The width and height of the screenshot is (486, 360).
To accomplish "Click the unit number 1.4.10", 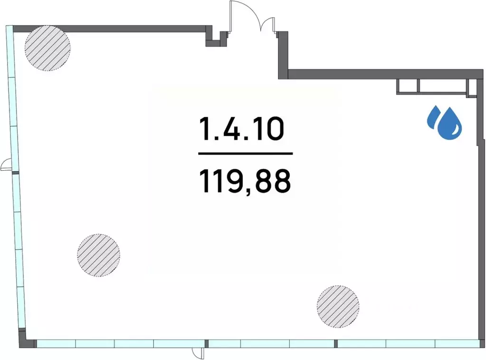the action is [241, 128].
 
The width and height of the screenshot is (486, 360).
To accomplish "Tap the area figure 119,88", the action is [245, 182].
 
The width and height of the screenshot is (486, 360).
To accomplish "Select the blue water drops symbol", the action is [445, 122].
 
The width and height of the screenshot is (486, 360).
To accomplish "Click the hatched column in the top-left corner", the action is [48, 48].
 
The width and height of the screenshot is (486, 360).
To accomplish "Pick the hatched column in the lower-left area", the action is [99, 255].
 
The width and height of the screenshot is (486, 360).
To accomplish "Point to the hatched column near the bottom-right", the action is [338, 306].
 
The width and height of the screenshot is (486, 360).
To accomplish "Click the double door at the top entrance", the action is [252, 17].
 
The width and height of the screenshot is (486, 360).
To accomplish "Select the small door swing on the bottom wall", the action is [198, 353].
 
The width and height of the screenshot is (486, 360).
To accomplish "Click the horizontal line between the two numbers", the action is [246, 153].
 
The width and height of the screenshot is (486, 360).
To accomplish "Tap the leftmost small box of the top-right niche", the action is [408, 86].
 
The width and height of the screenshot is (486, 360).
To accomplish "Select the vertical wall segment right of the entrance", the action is [283, 55].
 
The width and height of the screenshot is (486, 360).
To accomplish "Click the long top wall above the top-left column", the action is [110, 29].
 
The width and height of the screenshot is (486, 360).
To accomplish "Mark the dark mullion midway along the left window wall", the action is [15, 173].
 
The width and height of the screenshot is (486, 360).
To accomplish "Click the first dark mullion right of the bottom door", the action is [207, 343].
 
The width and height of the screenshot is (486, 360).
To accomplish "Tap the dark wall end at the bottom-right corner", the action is [482, 343].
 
